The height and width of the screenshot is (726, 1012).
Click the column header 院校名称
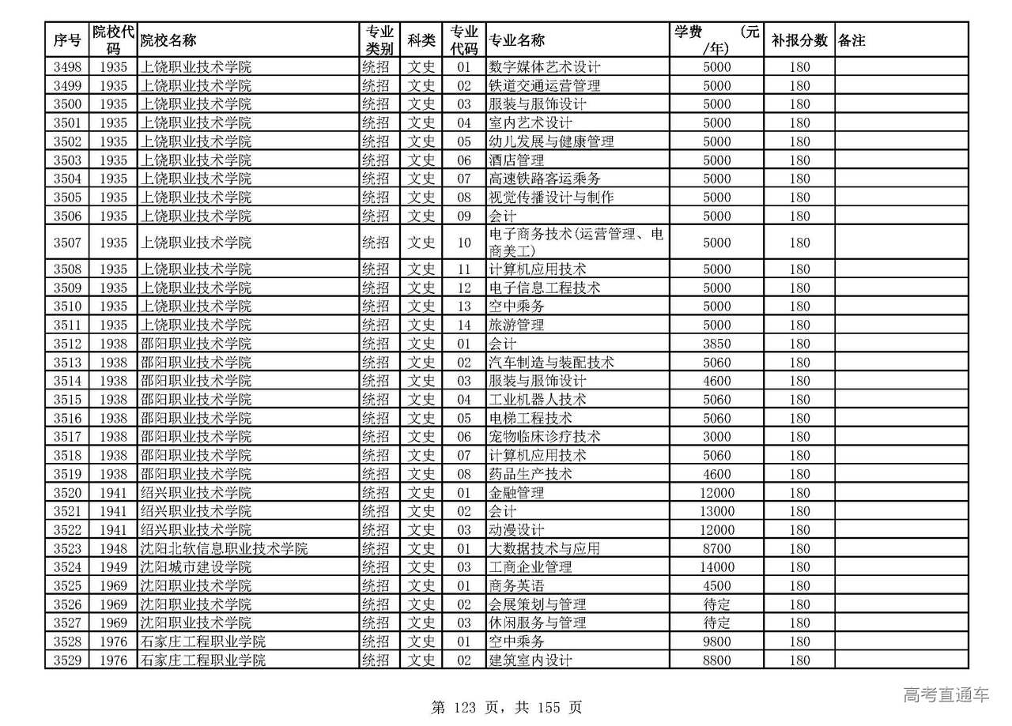(168, 40)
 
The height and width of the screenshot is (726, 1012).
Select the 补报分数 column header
(799, 40)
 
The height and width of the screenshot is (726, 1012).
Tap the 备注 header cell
(852, 40)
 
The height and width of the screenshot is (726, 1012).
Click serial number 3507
(67, 243)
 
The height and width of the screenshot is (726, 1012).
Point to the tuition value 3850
(717, 344)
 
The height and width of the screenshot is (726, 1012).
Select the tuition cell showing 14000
(717, 567)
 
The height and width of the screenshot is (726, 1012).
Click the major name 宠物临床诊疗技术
(545, 437)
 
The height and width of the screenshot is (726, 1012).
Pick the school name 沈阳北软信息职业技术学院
(224, 548)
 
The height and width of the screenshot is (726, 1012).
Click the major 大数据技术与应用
(545, 548)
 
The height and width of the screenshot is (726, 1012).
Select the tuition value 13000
(717, 511)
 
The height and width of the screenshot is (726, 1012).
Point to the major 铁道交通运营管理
(545, 85)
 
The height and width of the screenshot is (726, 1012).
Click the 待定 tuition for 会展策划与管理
(717, 604)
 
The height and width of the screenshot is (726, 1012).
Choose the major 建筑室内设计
(531, 660)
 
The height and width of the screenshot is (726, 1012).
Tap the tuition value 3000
(717, 437)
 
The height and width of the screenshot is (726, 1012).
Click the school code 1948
(114, 548)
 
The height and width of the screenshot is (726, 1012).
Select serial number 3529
(67, 660)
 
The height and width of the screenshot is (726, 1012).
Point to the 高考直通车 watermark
(946, 694)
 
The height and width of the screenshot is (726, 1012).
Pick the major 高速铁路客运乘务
(545, 179)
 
